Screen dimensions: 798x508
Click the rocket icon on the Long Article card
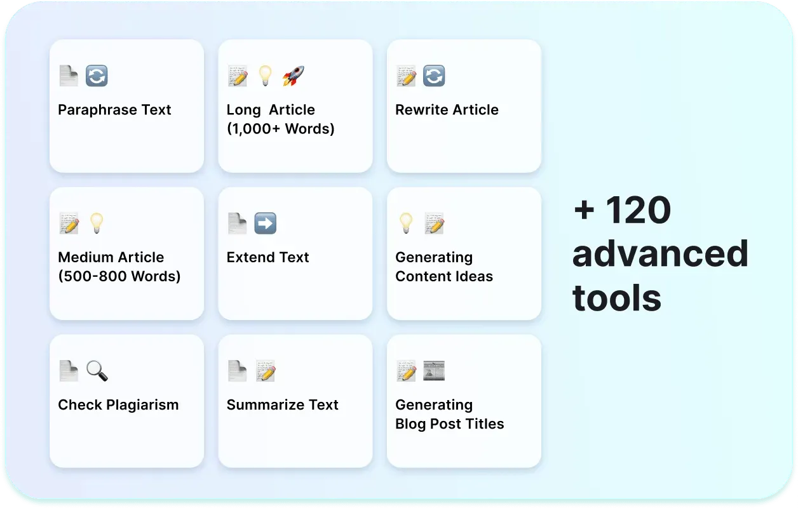(x=294, y=76)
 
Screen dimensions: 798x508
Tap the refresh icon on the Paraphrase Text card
(x=97, y=76)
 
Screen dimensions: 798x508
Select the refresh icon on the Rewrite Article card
(x=434, y=76)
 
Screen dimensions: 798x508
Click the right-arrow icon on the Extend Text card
(x=266, y=224)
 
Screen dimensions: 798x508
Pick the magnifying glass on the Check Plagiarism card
(x=97, y=371)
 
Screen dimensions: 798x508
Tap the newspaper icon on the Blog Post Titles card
(x=434, y=371)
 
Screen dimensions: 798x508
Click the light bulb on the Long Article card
(x=266, y=76)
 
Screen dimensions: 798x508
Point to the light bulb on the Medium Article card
(x=97, y=224)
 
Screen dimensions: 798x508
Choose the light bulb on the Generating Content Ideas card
(x=406, y=224)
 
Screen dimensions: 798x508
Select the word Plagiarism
(x=142, y=405)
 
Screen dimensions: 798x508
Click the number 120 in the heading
(x=638, y=210)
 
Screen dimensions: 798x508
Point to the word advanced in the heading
(x=660, y=253)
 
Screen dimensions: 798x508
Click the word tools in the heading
(x=617, y=297)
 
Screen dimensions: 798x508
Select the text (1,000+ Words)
(x=281, y=129)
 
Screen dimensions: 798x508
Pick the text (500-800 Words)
(x=119, y=277)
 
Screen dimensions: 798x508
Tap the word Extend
(x=251, y=257)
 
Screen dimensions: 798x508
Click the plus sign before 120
(x=585, y=210)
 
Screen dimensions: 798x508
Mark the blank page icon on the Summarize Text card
(x=237, y=371)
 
